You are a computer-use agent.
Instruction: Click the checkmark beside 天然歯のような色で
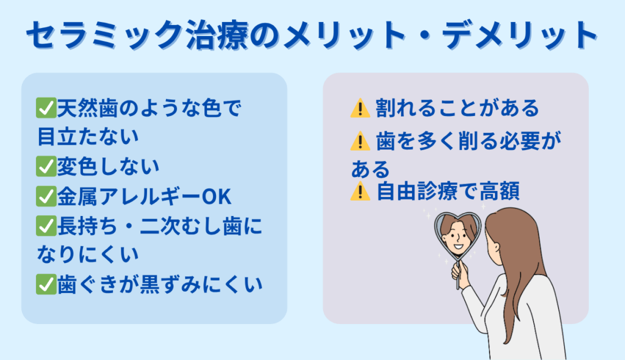(x=46, y=108)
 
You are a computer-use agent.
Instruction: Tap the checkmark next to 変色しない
(x=46, y=166)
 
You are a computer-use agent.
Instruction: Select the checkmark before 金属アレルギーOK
(x=46, y=196)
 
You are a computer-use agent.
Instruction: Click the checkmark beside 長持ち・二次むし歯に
(x=46, y=226)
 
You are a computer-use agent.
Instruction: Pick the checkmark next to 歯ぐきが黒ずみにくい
(x=46, y=284)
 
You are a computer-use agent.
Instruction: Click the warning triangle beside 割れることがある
(x=360, y=109)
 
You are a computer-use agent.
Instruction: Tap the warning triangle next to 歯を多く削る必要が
(x=360, y=141)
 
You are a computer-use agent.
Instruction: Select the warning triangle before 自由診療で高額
(x=360, y=191)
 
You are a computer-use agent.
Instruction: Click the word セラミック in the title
(x=105, y=35)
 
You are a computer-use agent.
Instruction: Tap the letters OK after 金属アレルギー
(x=217, y=196)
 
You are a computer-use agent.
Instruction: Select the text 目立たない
(x=88, y=137)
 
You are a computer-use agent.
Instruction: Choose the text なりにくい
(x=88, y=254)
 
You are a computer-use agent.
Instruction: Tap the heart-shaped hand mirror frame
(x=436, y=235)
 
